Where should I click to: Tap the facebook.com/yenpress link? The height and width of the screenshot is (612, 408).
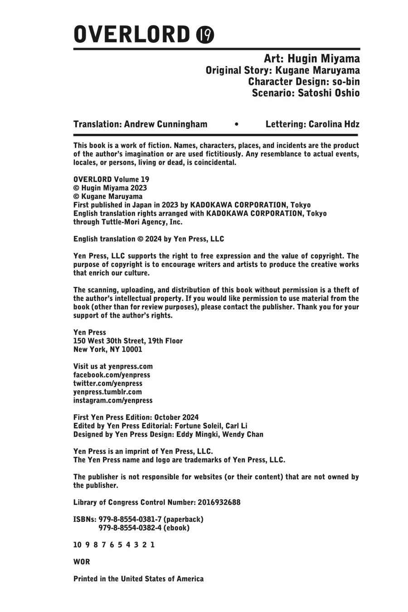tap(112, 375)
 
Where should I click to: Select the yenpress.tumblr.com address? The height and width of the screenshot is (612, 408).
tap(107, 392)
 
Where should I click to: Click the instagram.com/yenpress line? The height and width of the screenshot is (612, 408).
tap(113, 401)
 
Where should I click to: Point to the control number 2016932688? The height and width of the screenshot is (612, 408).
tap(219, 502)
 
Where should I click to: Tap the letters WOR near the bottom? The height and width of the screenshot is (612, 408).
tap(82, 562)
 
